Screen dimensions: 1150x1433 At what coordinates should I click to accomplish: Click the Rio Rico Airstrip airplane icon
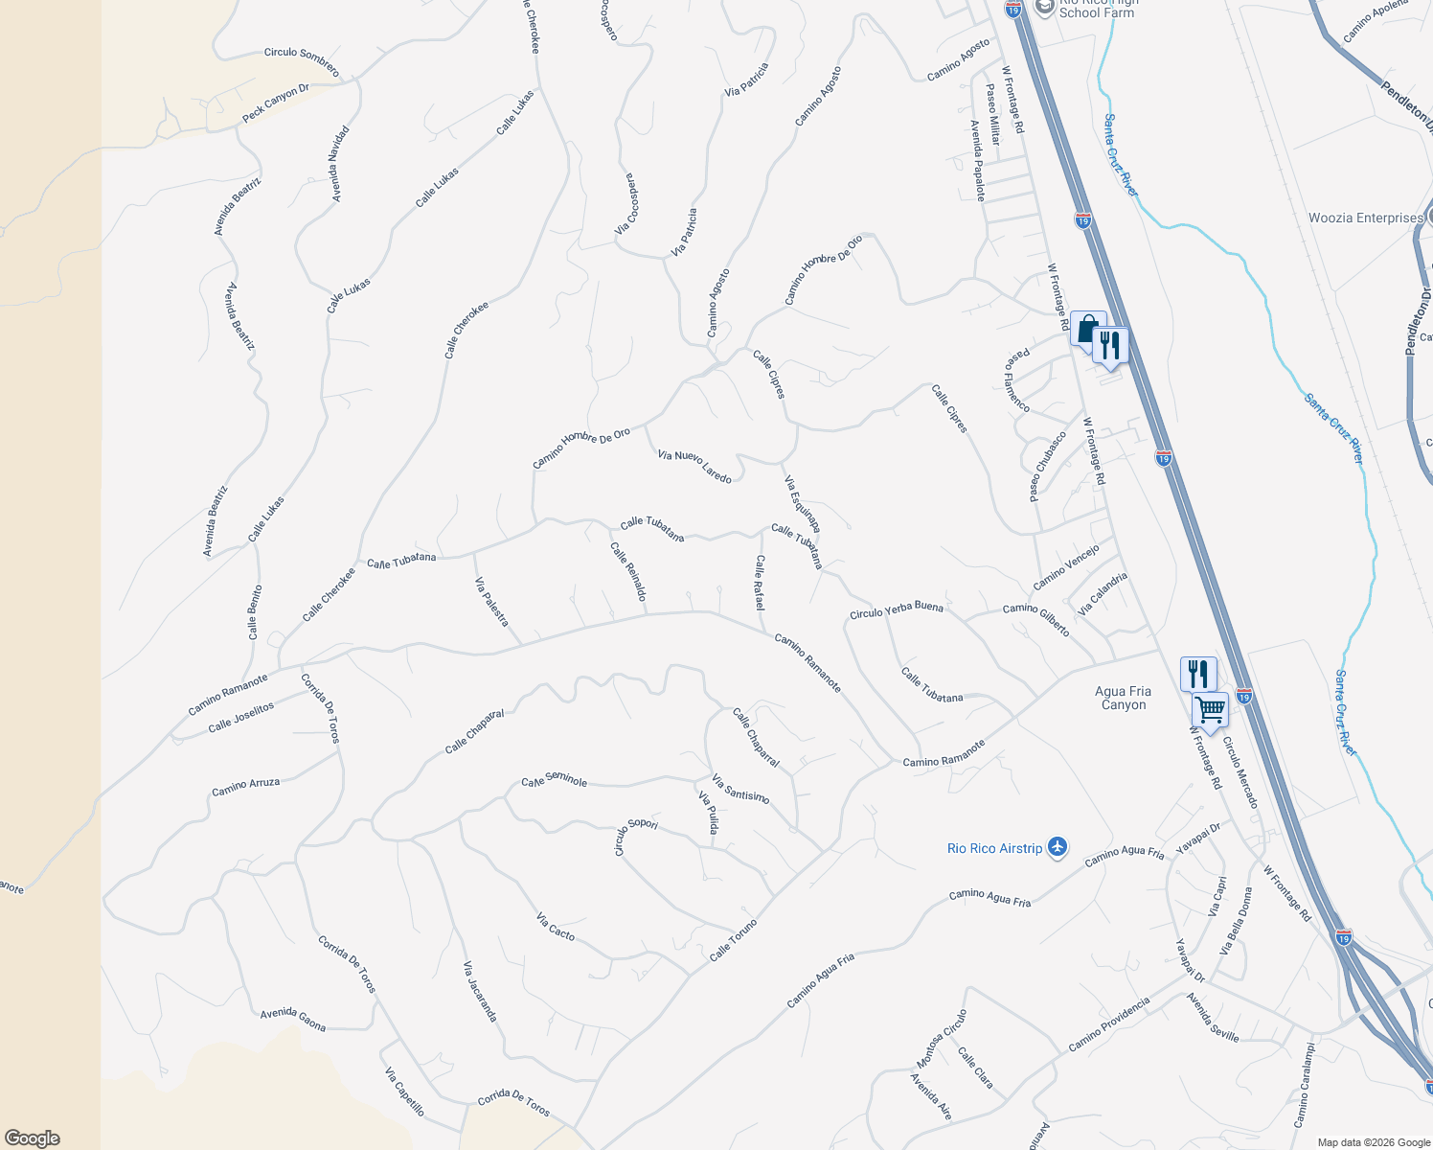point(1058,846)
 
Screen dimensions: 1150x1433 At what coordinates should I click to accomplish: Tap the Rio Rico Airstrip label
point(994,848)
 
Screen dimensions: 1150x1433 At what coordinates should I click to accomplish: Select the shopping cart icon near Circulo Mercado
point(1210,710)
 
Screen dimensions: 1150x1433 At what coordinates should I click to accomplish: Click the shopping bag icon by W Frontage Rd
point(1087,330)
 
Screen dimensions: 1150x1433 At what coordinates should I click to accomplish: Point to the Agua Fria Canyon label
point(1123,698)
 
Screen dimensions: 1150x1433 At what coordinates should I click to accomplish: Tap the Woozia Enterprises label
point(1366,218)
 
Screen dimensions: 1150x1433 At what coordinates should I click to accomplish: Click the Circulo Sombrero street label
point(302,60)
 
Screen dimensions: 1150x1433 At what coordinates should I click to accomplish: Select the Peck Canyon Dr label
point(276,103)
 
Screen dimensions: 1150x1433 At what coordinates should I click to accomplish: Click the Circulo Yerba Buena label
point(897,609)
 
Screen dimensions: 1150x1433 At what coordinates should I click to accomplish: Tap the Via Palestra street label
point(491,602)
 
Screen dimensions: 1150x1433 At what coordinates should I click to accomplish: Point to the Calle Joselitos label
point(241,717)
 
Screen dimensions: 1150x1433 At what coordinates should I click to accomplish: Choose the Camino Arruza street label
point(246,786)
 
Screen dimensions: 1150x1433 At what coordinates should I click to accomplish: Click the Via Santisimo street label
point(740,789)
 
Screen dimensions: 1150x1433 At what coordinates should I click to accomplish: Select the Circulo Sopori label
point(635,835)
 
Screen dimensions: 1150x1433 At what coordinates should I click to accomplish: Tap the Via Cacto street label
point(556,927)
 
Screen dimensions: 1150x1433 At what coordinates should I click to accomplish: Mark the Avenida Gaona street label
point(293,1020)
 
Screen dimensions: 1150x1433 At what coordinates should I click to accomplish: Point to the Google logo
point(32,1138)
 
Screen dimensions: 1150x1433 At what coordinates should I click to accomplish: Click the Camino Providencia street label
point(1108,1023)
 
